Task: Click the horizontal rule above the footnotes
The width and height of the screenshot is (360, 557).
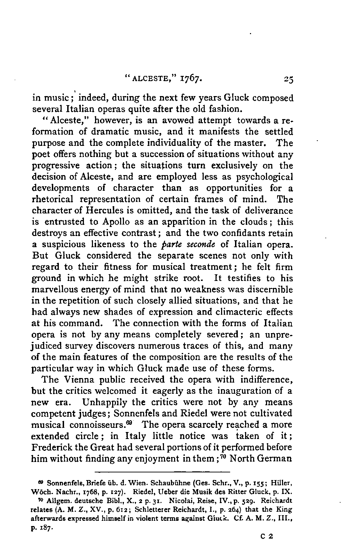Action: point(162,472)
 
